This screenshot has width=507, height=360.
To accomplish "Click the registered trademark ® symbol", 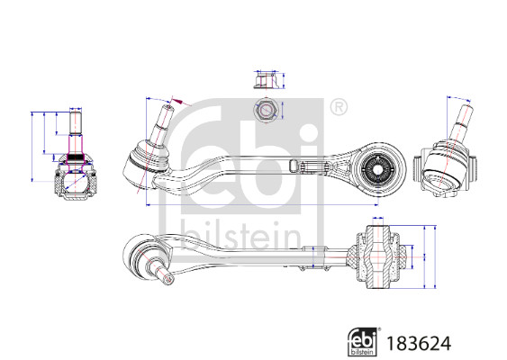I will click(339, 107).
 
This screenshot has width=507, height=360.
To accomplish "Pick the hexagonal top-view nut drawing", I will click(266, 112).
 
